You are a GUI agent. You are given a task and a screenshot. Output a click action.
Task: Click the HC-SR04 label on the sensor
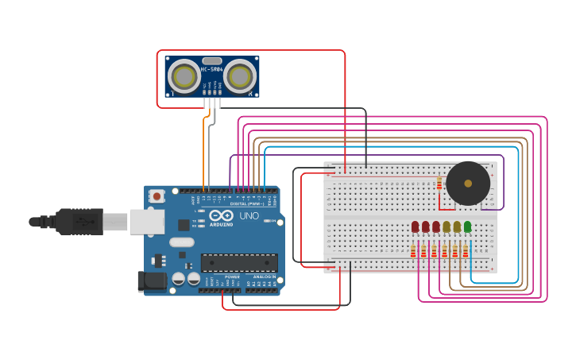(212, 70)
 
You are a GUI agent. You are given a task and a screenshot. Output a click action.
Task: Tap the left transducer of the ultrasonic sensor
(184, 76)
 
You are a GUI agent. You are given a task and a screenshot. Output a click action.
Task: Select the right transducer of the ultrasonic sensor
(239, 76)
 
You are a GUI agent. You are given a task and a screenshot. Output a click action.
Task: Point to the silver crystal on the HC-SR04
(212, 60)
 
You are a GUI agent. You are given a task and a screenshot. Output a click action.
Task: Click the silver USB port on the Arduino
(146, 222)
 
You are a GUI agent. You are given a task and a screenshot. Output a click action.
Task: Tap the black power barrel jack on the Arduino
(151, 281)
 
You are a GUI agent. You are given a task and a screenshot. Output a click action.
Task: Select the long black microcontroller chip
(239, 263)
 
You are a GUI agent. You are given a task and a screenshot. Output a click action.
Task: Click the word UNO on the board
(249, 215)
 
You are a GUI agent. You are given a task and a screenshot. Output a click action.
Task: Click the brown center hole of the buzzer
(468, 184)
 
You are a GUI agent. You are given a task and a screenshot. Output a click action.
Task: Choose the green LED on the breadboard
(467, 227)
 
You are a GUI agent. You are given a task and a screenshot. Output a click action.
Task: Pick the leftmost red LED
(415, 227)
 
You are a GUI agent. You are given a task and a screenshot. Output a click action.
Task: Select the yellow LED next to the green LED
(457, 227)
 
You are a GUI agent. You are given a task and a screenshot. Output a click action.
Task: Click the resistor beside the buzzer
(439, 184)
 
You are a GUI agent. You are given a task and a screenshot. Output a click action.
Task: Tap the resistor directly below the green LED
(466, 252)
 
